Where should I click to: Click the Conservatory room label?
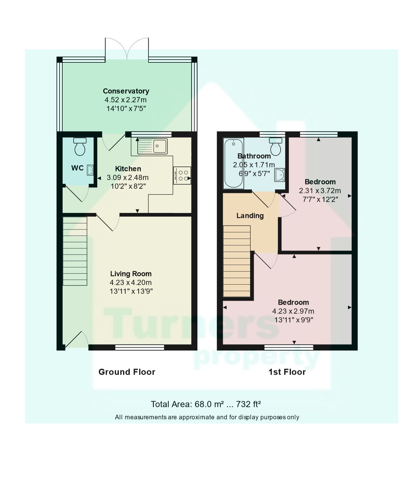(126, 91)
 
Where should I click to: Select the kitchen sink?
(160, 146)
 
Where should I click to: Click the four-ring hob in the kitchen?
(182, 176)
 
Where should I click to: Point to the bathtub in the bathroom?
(233, 163)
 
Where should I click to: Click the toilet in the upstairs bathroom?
(276, 145)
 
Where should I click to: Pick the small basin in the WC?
(90, 170)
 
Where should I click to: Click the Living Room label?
(131, 274)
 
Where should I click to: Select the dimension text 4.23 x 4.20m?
(131, 282)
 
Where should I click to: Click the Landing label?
(250, 216)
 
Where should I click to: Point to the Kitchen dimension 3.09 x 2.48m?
(128, 177)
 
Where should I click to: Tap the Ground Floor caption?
(127, 372)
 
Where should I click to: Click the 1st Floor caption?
(287, 372)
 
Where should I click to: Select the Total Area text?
(206, 404)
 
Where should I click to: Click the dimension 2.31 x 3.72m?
(320, 191)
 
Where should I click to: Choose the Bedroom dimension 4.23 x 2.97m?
(293, 311)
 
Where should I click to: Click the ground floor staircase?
(75, 251)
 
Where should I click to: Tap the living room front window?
(140, 347)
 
